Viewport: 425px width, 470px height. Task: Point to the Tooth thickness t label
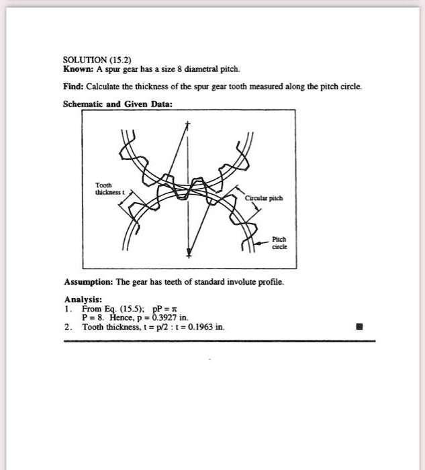pos(105,189)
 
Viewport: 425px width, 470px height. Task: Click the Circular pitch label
pos(263,198)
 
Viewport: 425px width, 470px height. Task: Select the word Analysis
pos(83,299)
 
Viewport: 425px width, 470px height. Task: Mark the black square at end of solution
pos(359,328)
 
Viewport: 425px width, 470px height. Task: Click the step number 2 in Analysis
pos(67,327)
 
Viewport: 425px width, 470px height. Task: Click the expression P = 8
pos(92,318)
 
